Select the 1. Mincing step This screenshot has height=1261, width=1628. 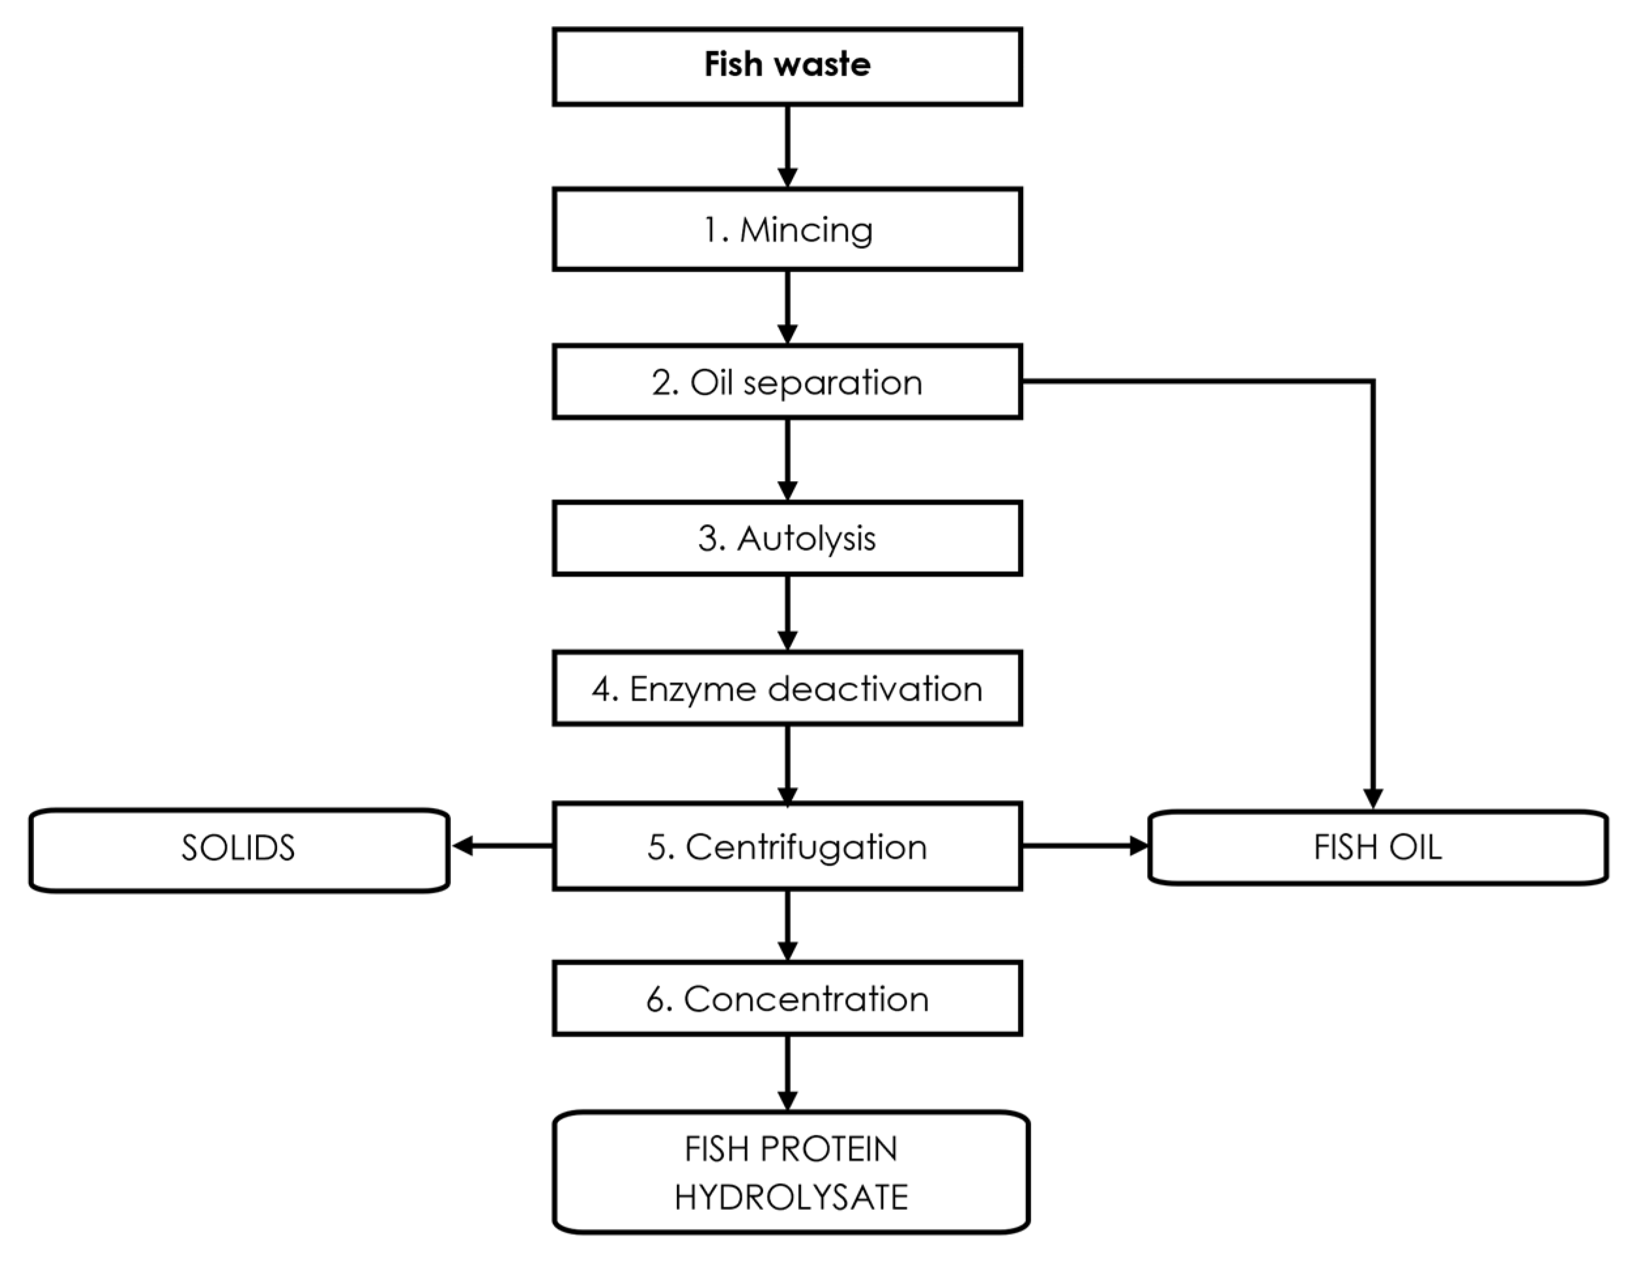coord(787,229)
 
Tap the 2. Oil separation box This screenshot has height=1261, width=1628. coord(787,382)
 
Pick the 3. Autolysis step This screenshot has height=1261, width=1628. coord(787,539)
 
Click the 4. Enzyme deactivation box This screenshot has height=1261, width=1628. coord(787,688)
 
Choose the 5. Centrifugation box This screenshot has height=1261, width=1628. coord(787,847)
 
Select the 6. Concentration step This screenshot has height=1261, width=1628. coord(787,998)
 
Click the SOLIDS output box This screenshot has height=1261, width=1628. coord(238,848)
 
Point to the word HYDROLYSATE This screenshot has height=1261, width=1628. coord(791,1197)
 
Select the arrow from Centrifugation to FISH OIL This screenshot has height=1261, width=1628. coord(1084,846)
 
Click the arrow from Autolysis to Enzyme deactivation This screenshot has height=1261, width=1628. coord(787,613)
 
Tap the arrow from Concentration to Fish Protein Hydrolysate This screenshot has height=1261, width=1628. coord(787,1073)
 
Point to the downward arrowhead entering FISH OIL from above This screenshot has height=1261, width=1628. coord(1373,798)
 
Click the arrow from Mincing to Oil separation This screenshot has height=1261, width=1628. coord(787,307)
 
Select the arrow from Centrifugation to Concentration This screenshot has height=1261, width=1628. coord(787,925)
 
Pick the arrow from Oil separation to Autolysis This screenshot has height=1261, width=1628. coord(787,460)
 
